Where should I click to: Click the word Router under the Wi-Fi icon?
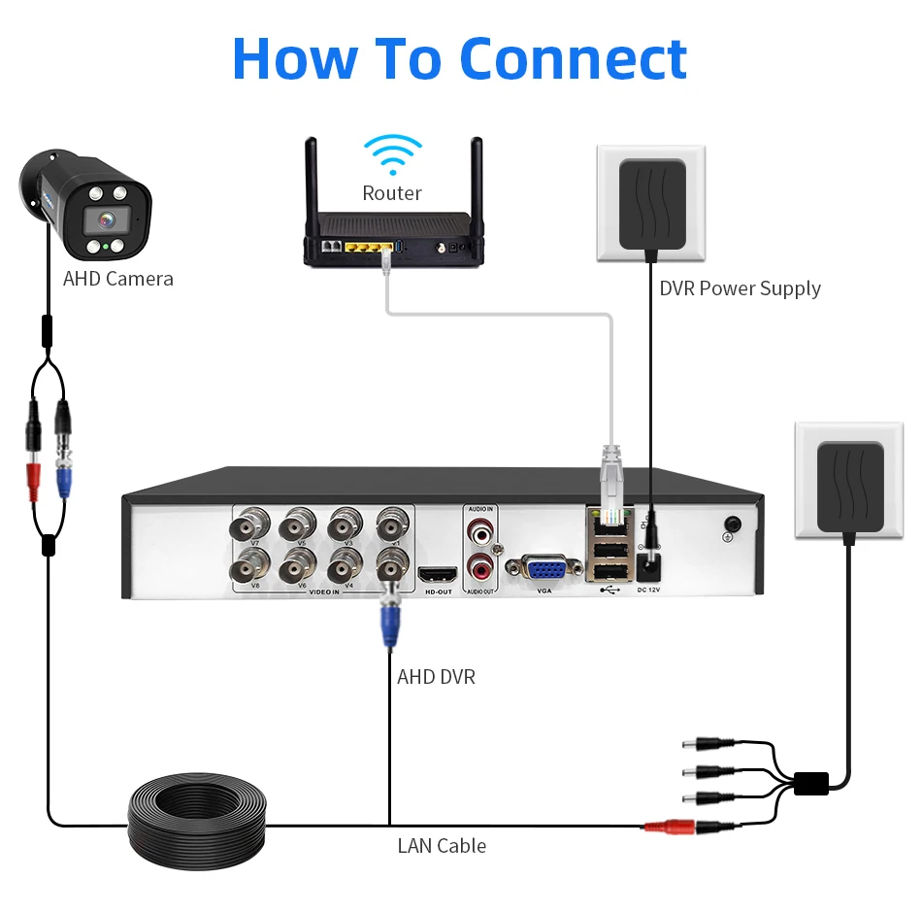[392, 193]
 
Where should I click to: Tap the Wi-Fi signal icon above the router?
[392, 154]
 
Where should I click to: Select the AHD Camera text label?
[118, 279]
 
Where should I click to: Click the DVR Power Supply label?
[740, 288]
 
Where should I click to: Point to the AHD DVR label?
[436, 676]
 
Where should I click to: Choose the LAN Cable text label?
[442, 845]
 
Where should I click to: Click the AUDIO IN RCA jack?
[480, 530]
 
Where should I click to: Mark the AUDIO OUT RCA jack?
[480, 566]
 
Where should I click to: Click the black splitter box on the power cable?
[810, 783]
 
